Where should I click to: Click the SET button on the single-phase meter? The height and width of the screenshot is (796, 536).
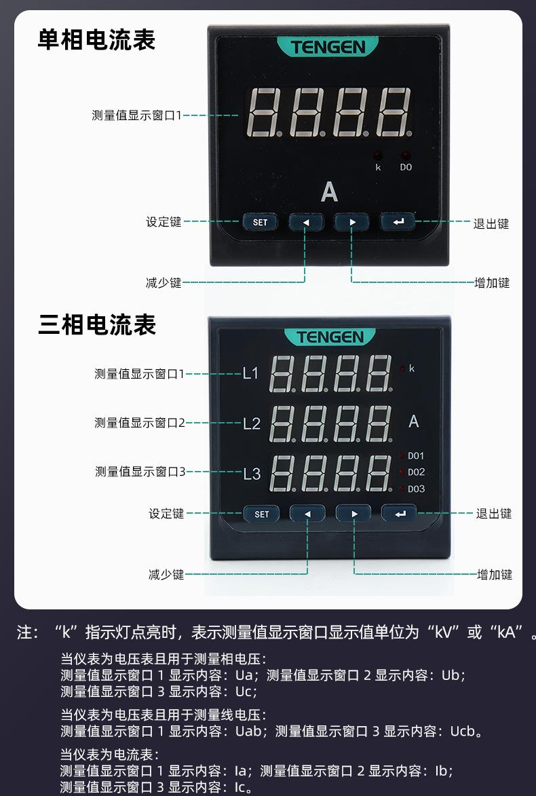click(x=261, y=222)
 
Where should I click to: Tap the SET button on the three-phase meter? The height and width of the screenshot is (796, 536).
click(x=262, y=514)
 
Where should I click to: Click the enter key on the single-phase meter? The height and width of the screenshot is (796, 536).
click(x=398, y=222)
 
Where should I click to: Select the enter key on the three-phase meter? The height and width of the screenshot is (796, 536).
click(x=400, y=514)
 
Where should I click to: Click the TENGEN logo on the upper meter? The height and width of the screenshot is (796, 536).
click(x=328, y=47)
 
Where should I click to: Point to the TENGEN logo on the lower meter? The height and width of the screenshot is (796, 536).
click(x=330, y=337)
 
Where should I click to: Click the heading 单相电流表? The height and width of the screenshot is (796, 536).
click(x=96, y=39)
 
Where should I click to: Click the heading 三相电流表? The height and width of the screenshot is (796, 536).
click(x=97, y=324)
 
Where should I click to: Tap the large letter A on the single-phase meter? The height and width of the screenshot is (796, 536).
click(x=329, y=193)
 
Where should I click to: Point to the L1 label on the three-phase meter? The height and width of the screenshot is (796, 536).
click(x=251, y=373)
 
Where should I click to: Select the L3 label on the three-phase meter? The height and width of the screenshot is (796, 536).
click(x=252, y=474)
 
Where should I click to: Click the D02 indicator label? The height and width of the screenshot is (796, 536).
click(x=416, y=472)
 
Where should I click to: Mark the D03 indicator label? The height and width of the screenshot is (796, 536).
click(x=416, y=489)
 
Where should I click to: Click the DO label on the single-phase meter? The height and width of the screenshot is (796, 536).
click(x=406, y=167)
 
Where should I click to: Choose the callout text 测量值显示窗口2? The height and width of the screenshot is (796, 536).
click(x=139, y=423)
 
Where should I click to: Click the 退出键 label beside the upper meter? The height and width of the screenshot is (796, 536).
click(x=491, y=223)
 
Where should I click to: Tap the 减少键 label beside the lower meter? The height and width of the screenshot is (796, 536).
click(x=166, y=574)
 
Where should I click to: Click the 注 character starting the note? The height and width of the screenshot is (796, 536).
click(x=24, y=633)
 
